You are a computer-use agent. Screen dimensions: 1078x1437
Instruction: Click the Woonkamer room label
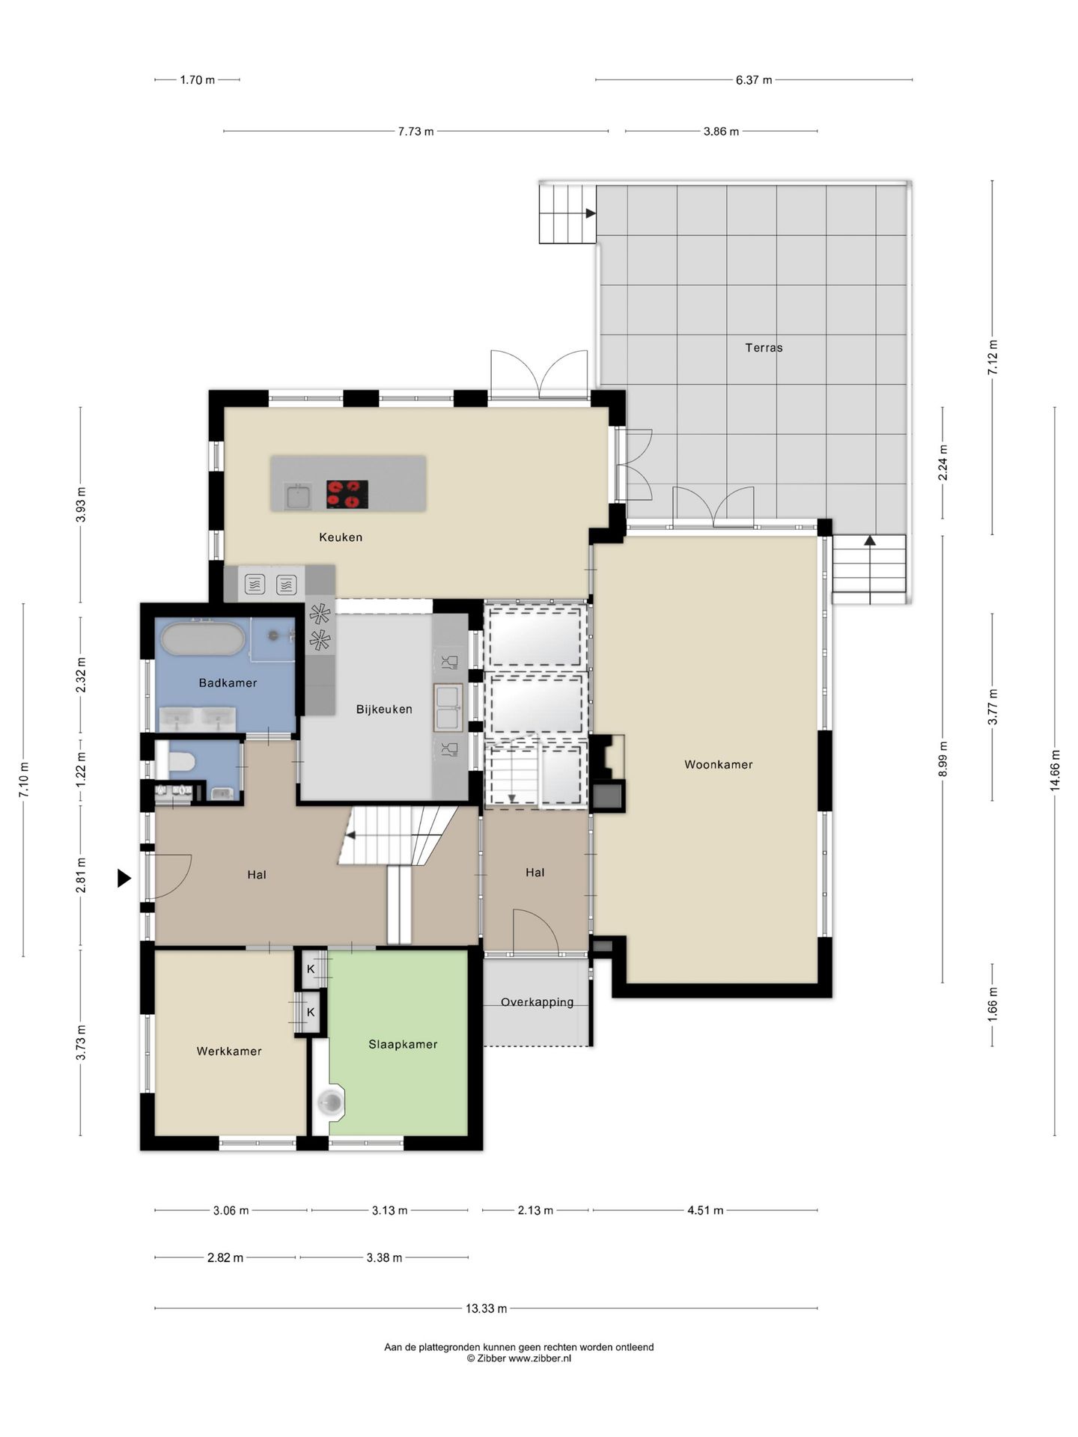pos(718,764)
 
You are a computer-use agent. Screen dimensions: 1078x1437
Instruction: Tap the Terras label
pos(764,347)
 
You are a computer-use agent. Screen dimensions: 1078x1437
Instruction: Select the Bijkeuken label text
pos(384,709)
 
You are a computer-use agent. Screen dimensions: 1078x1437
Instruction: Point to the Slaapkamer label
pos(403,1044)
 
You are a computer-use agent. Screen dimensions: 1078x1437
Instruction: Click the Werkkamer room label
pos(229,1051)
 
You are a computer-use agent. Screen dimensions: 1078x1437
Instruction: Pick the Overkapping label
pos(537,1002)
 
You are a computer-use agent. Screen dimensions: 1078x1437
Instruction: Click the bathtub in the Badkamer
pos(203,639)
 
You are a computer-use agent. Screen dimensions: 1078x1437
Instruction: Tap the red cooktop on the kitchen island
pos(347,495)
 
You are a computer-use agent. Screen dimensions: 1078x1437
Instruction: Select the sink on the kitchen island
pos(297,495)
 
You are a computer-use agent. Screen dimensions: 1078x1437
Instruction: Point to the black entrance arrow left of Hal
pos(124,878)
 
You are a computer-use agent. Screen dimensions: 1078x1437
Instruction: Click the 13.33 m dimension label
pos(487,1308)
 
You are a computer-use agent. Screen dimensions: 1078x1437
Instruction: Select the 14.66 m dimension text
pos(1055,770)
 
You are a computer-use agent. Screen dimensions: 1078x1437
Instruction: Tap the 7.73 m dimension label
pos(415,131)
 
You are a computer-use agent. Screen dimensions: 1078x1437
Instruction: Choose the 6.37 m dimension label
pos(754,79)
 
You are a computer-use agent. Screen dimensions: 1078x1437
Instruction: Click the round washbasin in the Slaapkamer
pos(330,1102)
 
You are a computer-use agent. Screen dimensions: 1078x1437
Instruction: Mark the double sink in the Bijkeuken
pos(448,707)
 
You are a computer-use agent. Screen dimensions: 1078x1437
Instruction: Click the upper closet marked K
pos(311,969)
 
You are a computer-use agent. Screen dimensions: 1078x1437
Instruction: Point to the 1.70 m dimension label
pos(198,79)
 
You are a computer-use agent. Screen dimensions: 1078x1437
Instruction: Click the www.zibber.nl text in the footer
pos(540,1358)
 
